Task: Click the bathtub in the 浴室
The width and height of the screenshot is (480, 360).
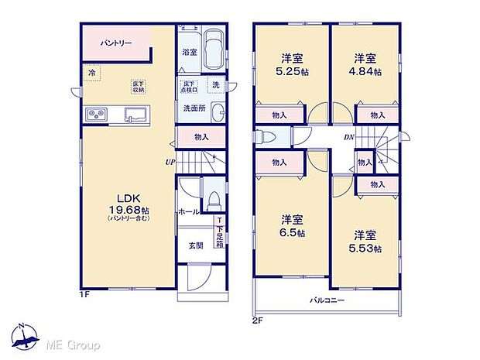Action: point(214,48)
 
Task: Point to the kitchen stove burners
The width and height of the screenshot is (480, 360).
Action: point(98,115)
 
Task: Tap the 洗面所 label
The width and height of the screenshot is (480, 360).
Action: point(194,108)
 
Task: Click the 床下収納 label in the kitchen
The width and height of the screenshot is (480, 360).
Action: point(138,86)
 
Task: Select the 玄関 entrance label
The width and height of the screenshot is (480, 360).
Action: point(196,245)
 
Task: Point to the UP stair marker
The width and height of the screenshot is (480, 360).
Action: point(168,162)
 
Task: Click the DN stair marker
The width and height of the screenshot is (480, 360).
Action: point(349,138)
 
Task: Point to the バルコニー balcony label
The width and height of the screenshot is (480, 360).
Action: point(327,300)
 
